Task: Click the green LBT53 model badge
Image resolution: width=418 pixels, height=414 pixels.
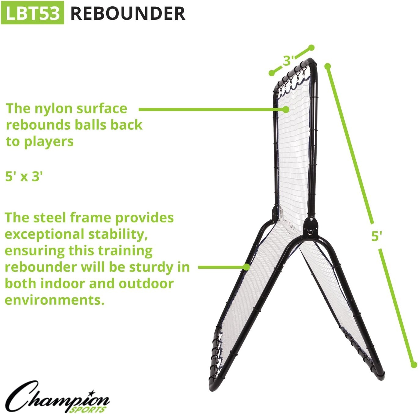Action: click(33, 13)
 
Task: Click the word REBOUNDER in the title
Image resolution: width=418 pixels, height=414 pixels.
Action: click(128, 13)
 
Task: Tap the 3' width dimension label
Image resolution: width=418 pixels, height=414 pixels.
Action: click(288, 60)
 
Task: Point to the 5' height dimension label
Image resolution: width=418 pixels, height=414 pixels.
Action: click(376, 236)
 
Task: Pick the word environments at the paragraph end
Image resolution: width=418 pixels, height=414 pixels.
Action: click(54, 300)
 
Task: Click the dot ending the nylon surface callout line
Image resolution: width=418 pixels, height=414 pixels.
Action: click(286, 110)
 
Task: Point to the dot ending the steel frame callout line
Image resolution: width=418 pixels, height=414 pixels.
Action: click(246, 267)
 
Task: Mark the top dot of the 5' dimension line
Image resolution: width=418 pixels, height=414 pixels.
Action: click(328, 66)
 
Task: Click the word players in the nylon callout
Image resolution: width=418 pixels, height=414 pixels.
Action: click(49, 142)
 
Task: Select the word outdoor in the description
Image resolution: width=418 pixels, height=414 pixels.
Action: click(146, 283)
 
